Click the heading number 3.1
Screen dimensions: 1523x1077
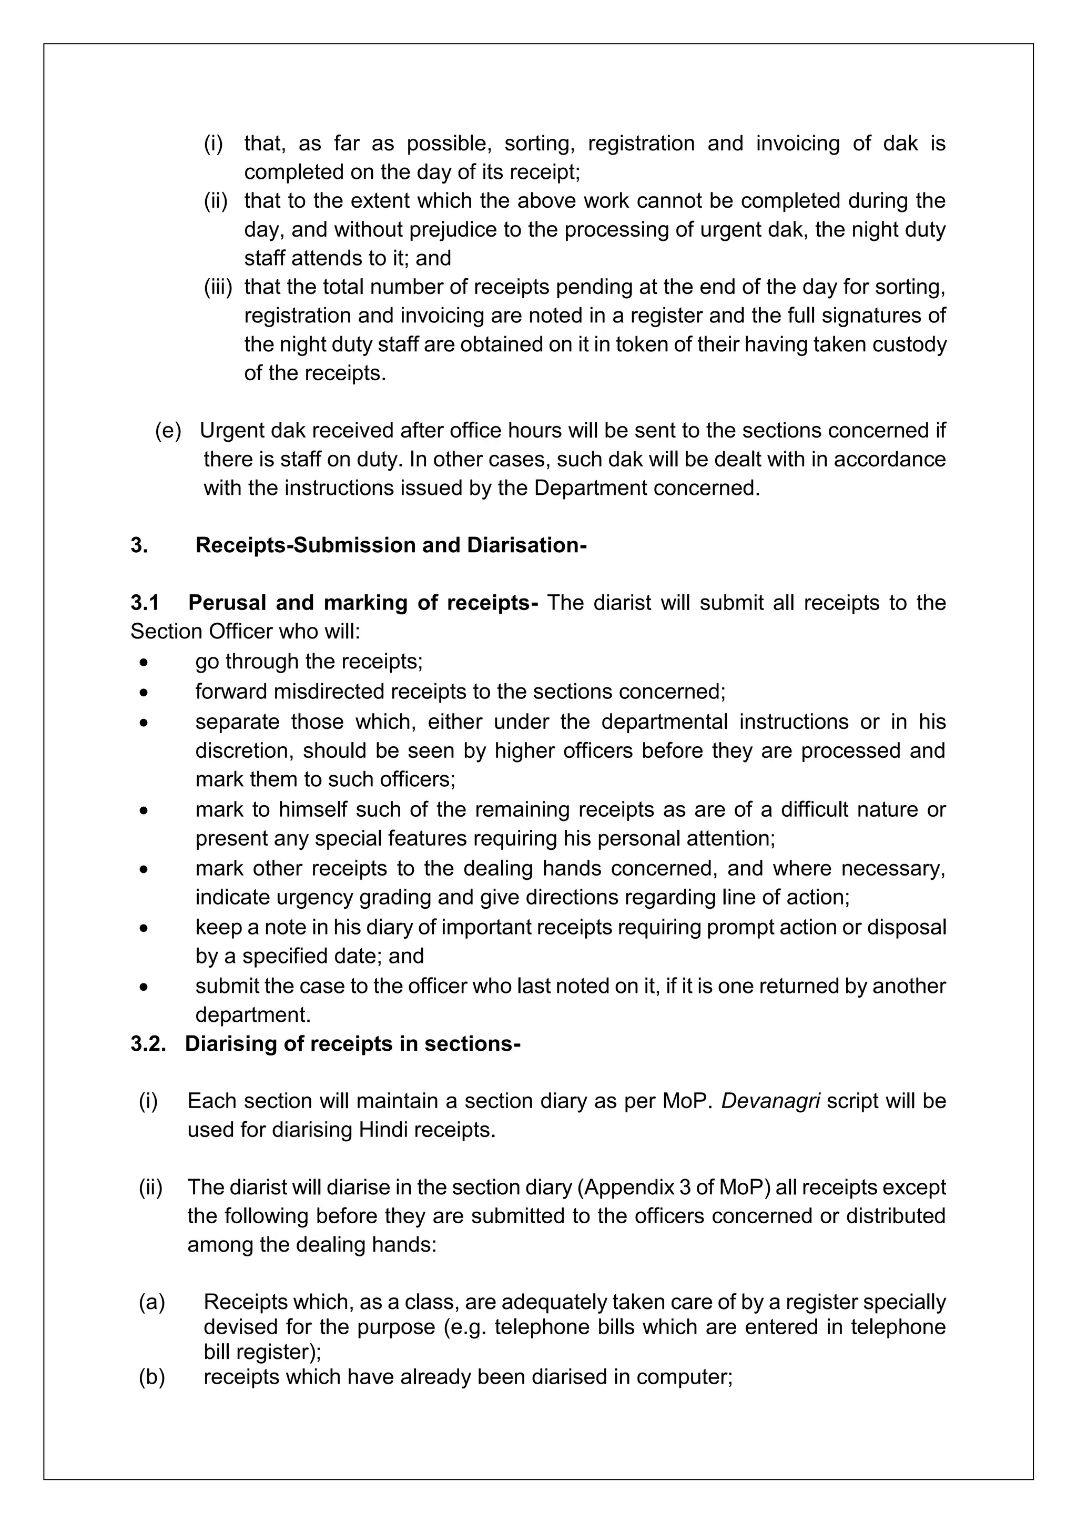[145, 603]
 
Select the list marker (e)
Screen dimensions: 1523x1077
[168, 431]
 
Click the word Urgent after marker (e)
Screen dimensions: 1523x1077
[231, 431]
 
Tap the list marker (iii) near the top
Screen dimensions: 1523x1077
[218, 287]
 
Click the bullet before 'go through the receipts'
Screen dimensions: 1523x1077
[144, 663]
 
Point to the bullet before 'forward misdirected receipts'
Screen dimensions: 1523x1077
[144, 693]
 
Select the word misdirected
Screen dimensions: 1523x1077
[328, 692]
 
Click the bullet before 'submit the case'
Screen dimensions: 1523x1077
[144, 988]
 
